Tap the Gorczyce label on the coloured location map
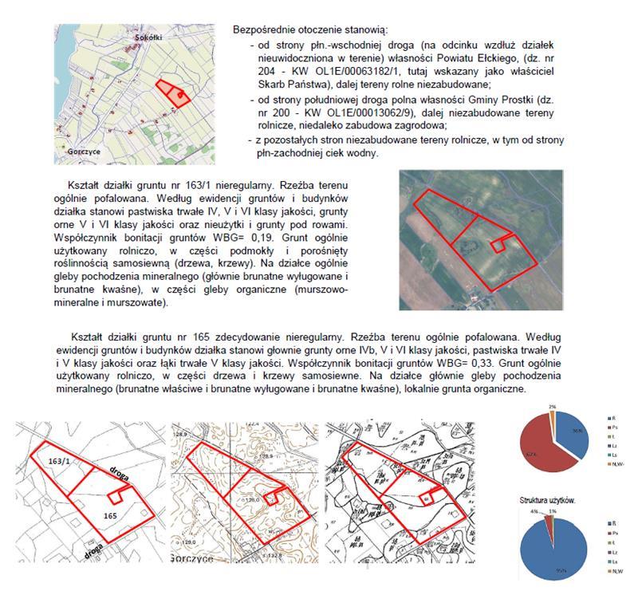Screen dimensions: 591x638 click(x=85, y=151)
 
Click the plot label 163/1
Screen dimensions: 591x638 click(x=60, y=461)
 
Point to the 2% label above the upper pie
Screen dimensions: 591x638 click(x=552, y=407)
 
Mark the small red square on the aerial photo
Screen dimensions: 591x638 click(x=500, y=244)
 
